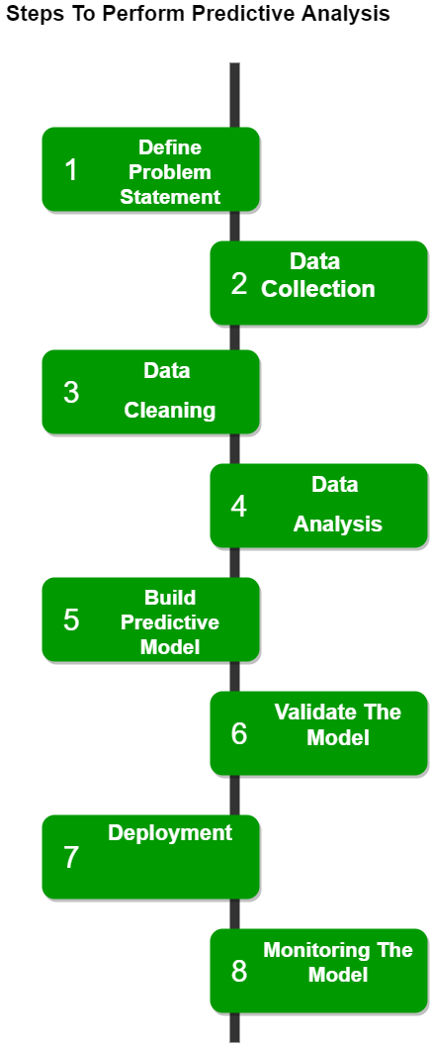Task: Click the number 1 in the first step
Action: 70,170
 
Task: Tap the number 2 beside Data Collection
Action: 238,284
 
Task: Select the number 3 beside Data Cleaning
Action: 71,393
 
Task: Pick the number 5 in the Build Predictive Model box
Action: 71,620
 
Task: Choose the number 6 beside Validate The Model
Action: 238,734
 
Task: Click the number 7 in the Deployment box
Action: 71,857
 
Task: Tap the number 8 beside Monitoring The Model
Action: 238,972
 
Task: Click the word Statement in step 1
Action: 170,197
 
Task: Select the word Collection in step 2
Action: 318,289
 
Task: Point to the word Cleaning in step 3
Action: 170,410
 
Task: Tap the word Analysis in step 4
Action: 338,523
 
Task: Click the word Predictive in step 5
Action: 170,622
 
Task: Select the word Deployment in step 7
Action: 170,833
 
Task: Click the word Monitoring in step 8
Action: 316,950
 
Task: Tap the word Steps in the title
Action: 29,15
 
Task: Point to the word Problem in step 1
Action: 170,171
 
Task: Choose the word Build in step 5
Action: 170,597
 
